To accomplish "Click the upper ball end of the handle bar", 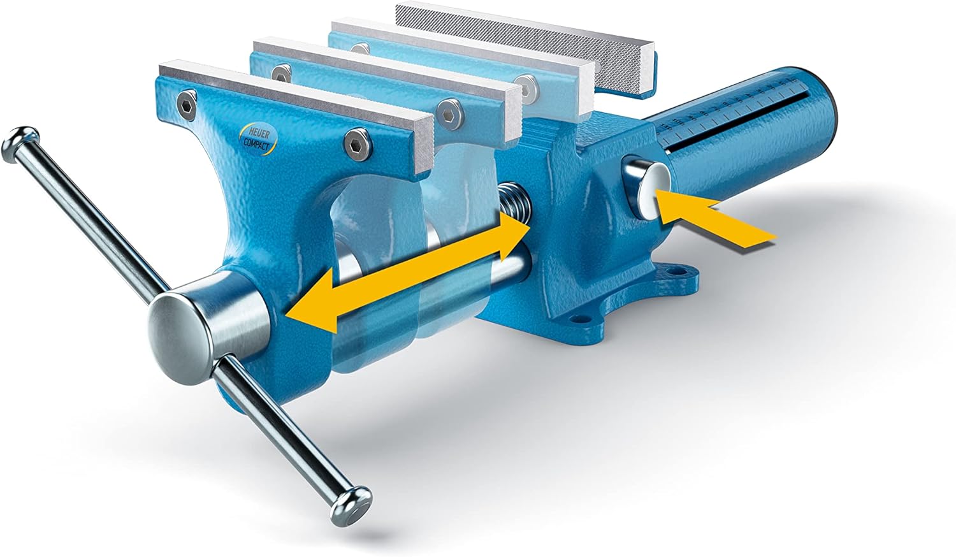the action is (20, 144).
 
